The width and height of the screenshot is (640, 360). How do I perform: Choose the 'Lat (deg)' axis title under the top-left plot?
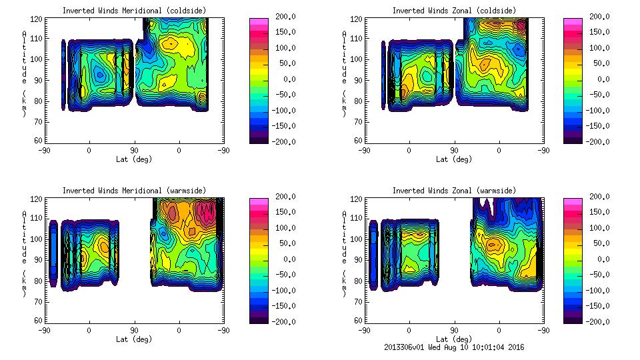[x=134, y=159]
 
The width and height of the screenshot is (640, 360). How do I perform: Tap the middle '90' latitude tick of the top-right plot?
[x=454, y=151]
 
